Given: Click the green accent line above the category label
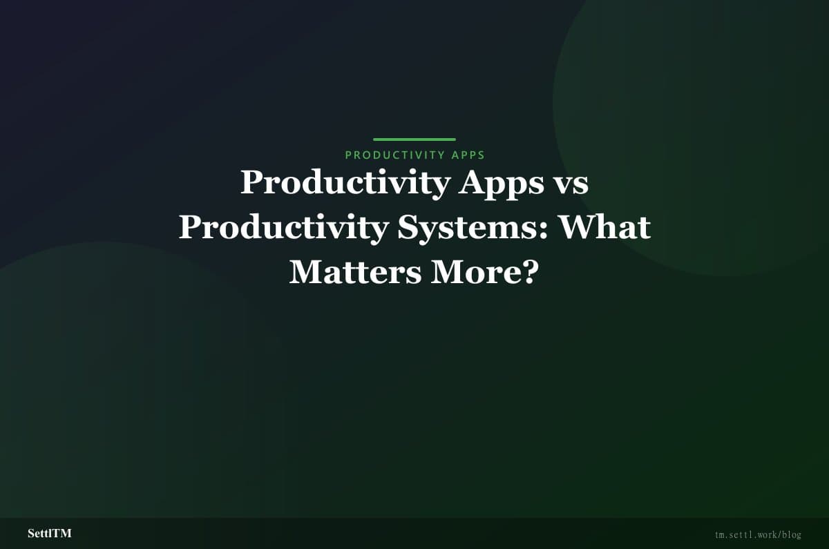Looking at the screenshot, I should point(414,139).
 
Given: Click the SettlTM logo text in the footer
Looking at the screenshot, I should point(50,534).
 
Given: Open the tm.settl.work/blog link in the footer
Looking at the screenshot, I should point(758,534).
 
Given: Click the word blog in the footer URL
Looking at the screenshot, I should point(792,534).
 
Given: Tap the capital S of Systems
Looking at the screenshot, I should point(408,228).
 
